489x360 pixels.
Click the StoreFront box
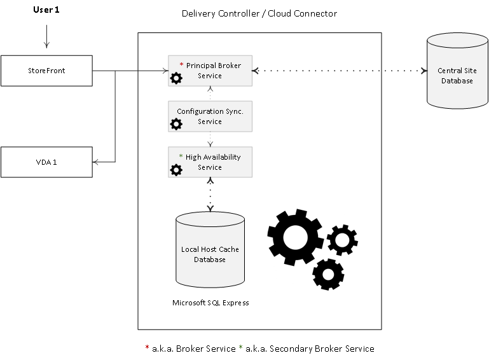46,71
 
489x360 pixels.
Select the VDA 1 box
46,162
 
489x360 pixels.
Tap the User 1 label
46,10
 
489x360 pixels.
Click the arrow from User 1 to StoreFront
47,36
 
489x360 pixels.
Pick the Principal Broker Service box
210,71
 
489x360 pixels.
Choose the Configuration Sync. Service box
210,116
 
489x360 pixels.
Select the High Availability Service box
210,162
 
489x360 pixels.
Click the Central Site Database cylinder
457,71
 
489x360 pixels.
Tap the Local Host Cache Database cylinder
210,249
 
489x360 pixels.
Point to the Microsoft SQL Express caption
210,303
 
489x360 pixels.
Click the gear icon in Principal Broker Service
176,78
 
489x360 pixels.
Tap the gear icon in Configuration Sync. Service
176,124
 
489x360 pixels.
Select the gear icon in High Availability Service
176,170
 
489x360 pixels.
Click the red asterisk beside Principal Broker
181,64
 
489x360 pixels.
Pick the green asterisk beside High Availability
181,156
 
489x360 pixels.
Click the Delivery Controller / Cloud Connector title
259,13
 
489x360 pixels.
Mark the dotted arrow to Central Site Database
340,71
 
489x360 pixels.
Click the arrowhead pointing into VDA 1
95,162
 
